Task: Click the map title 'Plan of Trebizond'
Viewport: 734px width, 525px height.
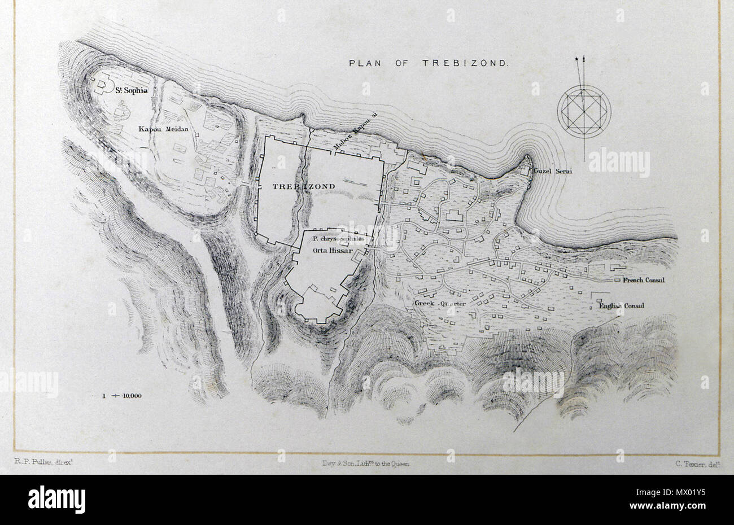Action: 429,63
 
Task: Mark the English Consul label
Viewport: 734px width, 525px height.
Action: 621,307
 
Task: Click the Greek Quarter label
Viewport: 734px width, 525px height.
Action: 440,304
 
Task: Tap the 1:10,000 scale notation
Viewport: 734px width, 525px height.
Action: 122,395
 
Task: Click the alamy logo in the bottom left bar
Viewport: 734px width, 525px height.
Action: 56,500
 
